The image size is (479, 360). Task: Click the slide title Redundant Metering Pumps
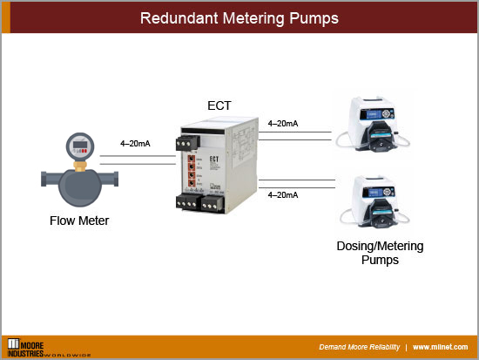click(239, 17)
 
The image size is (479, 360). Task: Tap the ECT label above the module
click(219, 105)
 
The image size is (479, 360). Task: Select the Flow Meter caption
click(79, 221)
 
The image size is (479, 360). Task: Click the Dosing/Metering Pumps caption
click(380, 253)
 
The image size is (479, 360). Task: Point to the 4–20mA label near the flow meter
click(137, 143)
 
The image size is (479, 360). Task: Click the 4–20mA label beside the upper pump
click(284, 124)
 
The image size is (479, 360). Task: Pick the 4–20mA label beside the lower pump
click(284, 194)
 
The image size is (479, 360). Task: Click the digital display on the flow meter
click(79, 146)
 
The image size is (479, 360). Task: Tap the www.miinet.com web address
click(442, 347)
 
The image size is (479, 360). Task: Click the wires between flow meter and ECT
click(137, 158)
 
